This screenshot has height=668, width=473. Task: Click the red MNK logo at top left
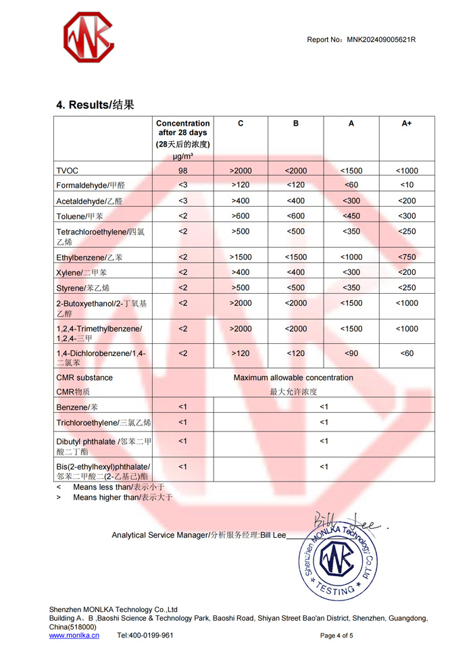click(90, 37)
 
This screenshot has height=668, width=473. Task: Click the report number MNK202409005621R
click(381, 40)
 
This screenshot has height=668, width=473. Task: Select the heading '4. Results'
click(95, 105)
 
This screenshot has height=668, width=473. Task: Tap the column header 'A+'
click(407, 124)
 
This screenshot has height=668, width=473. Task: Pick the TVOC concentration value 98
click(182, 171)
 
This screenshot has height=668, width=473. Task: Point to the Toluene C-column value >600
click(241, 216)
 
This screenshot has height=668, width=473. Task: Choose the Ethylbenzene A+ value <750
click(407, 257)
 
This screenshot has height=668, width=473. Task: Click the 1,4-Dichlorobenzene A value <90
click(351, 353)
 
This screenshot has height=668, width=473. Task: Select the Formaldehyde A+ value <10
click(407, 185)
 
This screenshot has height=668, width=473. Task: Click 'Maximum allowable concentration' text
click(293, 378)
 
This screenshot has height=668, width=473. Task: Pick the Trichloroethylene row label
click(103, 423)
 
